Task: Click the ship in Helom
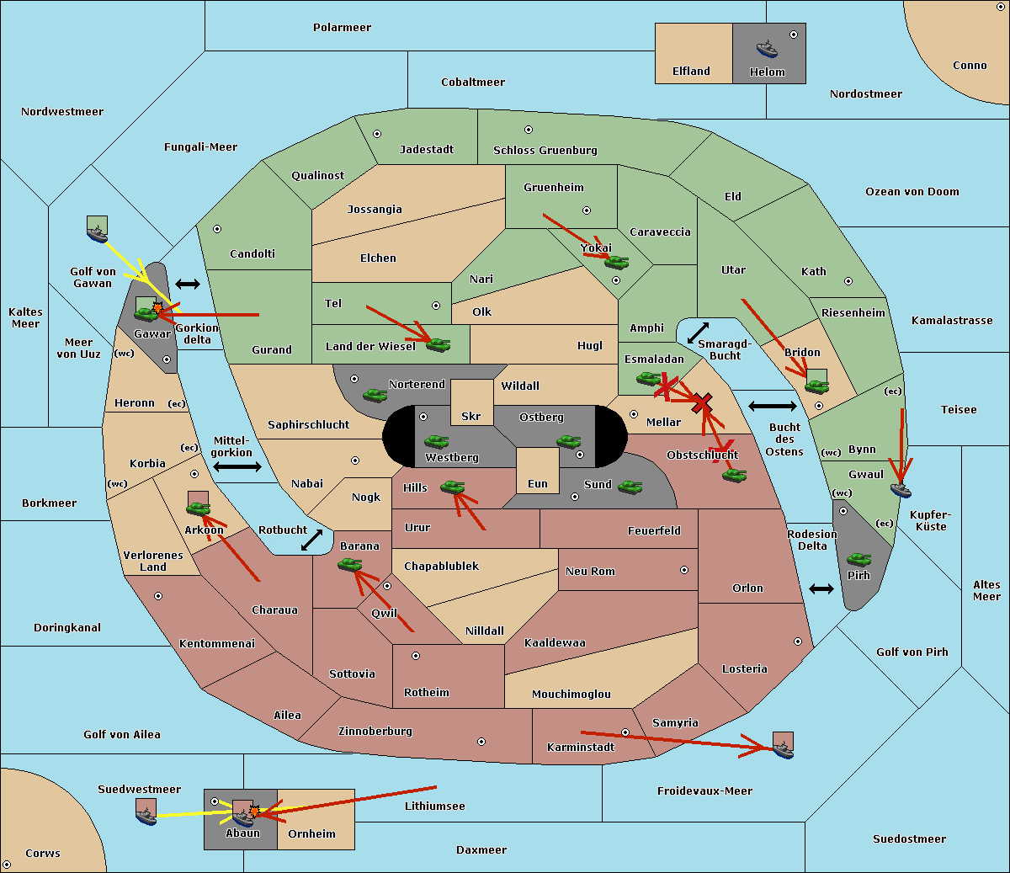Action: (767, 49)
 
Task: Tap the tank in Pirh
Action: (858, 559)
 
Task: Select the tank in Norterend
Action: (375, 395)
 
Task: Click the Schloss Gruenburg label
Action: (545, 150)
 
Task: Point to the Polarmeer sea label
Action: (342, 28)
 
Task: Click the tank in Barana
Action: (350, 565)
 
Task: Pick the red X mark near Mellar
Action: (702, 403)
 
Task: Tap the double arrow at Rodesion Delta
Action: (821, 589)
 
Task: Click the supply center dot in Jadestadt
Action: (377, 134)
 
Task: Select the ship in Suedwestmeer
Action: (146, 817)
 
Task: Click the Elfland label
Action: (691, 72)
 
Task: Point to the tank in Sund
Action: (630, 487)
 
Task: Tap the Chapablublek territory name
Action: (441, 566)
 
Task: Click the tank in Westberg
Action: (436, 442)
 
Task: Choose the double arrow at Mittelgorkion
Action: (237, 466)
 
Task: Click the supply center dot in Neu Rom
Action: (684, 570)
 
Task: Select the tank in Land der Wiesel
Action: (438, 345)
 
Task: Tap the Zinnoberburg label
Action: (375, 732)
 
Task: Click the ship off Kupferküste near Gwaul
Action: (901, 490)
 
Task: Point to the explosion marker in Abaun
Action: (254, 812)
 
